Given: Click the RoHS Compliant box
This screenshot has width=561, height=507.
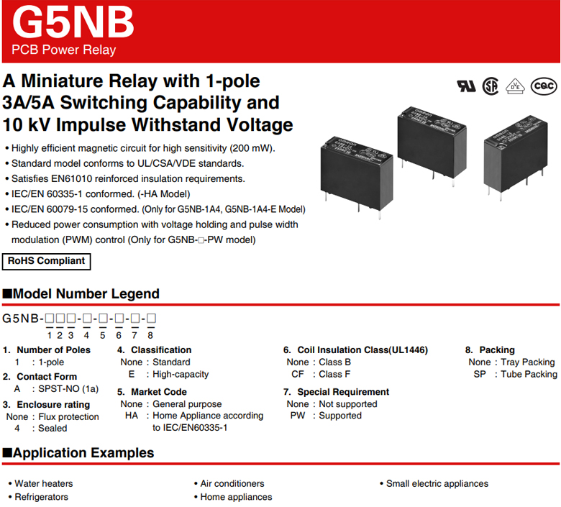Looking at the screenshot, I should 47,261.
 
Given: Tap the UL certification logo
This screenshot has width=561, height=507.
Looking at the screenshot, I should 466,86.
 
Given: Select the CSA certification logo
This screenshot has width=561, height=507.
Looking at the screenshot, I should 491,86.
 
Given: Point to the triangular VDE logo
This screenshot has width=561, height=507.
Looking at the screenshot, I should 515,86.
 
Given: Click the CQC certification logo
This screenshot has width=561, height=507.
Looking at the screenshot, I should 543,86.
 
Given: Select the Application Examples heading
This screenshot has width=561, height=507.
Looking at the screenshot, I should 83,453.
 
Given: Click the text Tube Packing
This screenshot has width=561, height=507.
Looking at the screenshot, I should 531,374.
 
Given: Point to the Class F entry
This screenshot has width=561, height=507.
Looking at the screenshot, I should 334,374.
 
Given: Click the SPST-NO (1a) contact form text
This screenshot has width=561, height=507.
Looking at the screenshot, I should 68,388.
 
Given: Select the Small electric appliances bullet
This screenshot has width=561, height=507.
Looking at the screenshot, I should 437,483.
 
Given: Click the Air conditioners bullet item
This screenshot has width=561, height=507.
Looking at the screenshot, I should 232,483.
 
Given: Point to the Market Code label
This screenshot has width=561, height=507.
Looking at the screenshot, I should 158,392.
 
